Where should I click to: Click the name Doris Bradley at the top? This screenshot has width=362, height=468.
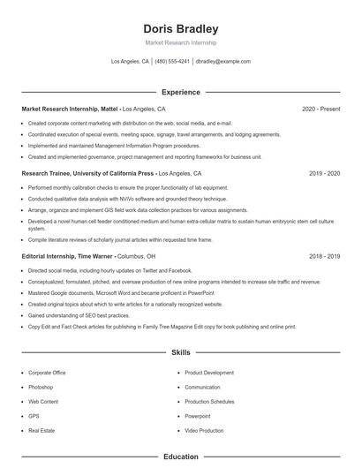pos(180,29)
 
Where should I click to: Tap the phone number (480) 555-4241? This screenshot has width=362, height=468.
pos(172,62)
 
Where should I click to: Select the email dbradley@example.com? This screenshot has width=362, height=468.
pos(222,62)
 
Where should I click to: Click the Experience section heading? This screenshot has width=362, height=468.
pos(180,92)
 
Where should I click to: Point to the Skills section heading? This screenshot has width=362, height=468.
pos(180,352)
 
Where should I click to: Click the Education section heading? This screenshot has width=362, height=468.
pos(180,457)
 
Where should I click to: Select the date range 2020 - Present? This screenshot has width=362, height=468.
pos(321,109)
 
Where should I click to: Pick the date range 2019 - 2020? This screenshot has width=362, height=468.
pos(324,174)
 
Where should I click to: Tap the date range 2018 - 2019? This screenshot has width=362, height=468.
pos(324,256)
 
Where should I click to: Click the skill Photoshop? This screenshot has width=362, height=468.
pos(41,387)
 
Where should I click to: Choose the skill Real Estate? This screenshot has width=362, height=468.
pos(41,430)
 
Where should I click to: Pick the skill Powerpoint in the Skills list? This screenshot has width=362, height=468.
pos(198,415)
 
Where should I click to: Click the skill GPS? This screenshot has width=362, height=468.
pos(34,415)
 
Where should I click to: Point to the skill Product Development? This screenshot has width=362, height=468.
pos(209,373)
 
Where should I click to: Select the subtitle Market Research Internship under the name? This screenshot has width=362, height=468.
pos(180,42)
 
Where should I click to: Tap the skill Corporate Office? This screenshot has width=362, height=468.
pos(47,373)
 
